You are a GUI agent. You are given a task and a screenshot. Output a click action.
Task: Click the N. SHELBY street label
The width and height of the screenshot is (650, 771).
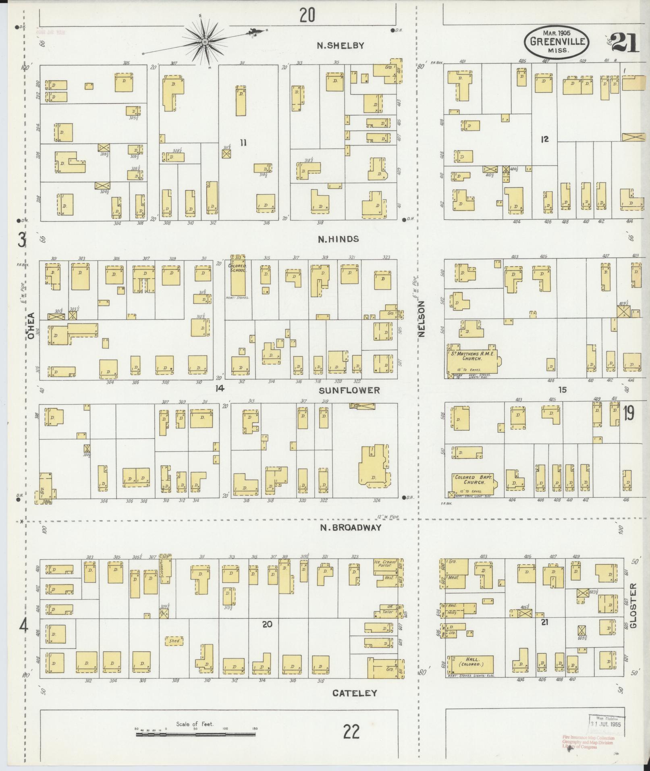coord(340,46)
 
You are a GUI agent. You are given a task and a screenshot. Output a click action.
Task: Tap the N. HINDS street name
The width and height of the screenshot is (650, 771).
coord(338,239)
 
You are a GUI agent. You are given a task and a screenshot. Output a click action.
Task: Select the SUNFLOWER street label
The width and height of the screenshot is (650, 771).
coord(349,390)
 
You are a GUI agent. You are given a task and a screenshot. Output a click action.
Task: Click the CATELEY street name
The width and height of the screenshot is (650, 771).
coord(355,693)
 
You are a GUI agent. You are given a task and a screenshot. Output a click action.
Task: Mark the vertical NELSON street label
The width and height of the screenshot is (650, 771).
coord(422,319)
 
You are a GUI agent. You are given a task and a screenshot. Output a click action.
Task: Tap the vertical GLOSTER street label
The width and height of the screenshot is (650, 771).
coord(633,611)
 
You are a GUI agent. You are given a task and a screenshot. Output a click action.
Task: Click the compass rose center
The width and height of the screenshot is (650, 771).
coord(205,42)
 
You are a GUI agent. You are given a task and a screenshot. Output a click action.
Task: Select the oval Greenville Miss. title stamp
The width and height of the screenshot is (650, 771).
coord(557,41)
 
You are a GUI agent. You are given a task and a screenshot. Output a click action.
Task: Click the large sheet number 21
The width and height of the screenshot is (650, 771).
coord(624,43)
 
